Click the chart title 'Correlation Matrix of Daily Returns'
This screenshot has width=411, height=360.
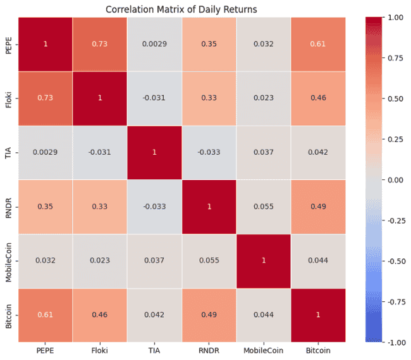point(181,9)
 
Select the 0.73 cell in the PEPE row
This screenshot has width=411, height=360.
point(99,44)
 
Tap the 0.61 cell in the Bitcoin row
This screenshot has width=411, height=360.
point(44,315)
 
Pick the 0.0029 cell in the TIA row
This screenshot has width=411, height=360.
point(44,152)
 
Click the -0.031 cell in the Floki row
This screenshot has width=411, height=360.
point(154,98)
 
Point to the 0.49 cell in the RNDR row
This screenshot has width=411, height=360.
point(318,207)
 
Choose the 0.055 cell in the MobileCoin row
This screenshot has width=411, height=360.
point(209,260)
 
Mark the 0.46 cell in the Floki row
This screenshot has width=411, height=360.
point(318,98)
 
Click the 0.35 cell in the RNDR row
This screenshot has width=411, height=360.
point(44,207)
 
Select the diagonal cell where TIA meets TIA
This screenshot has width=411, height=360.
point(154,152)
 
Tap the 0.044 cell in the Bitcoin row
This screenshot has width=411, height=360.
point(264,315)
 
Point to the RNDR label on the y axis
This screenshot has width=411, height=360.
point(9,207)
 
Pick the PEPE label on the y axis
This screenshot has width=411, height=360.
point(9,44)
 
